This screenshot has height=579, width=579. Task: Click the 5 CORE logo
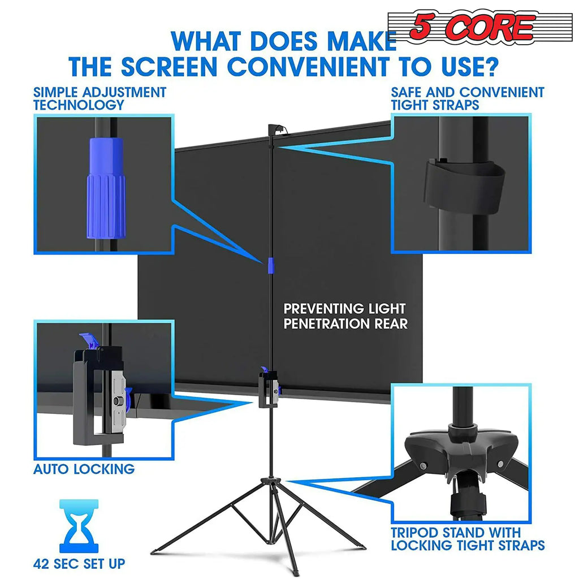tap(473, 28)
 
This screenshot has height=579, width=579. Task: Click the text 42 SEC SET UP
tap(79, 563)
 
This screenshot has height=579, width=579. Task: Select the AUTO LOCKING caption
tap(84, 469)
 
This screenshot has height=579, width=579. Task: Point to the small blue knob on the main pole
tap(271, 265)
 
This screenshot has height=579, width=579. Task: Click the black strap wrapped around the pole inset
tap(464, 186)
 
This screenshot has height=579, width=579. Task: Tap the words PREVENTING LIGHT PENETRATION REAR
tap(344, 316)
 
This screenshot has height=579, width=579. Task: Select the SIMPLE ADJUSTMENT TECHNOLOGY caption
tap(100, 98)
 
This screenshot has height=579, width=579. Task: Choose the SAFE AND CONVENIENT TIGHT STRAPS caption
tap(467, 98)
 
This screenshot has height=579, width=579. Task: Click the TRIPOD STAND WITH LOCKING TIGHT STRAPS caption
tap(467, 539)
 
